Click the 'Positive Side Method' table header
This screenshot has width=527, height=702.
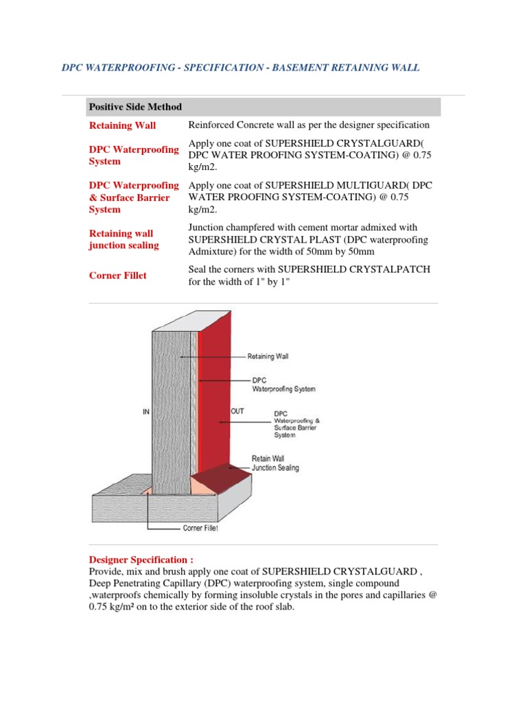(135, 107)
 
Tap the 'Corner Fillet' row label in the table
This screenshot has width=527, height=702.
(117, 276)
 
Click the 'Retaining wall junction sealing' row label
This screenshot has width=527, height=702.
(124, 239)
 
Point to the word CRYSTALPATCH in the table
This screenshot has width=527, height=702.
(393, 269)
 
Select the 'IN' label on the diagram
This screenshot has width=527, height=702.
(145, 411)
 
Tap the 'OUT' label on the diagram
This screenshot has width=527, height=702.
(237, 411)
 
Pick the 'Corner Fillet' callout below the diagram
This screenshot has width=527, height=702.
(201, 529)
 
